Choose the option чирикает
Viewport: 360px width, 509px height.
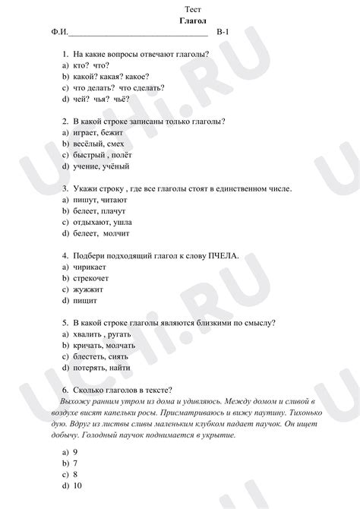[x=95, y=267]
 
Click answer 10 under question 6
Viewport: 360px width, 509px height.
[x=77, y=485]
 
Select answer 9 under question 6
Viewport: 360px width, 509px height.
[x=75, y=452]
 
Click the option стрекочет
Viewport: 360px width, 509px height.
[x=96, y=279]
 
